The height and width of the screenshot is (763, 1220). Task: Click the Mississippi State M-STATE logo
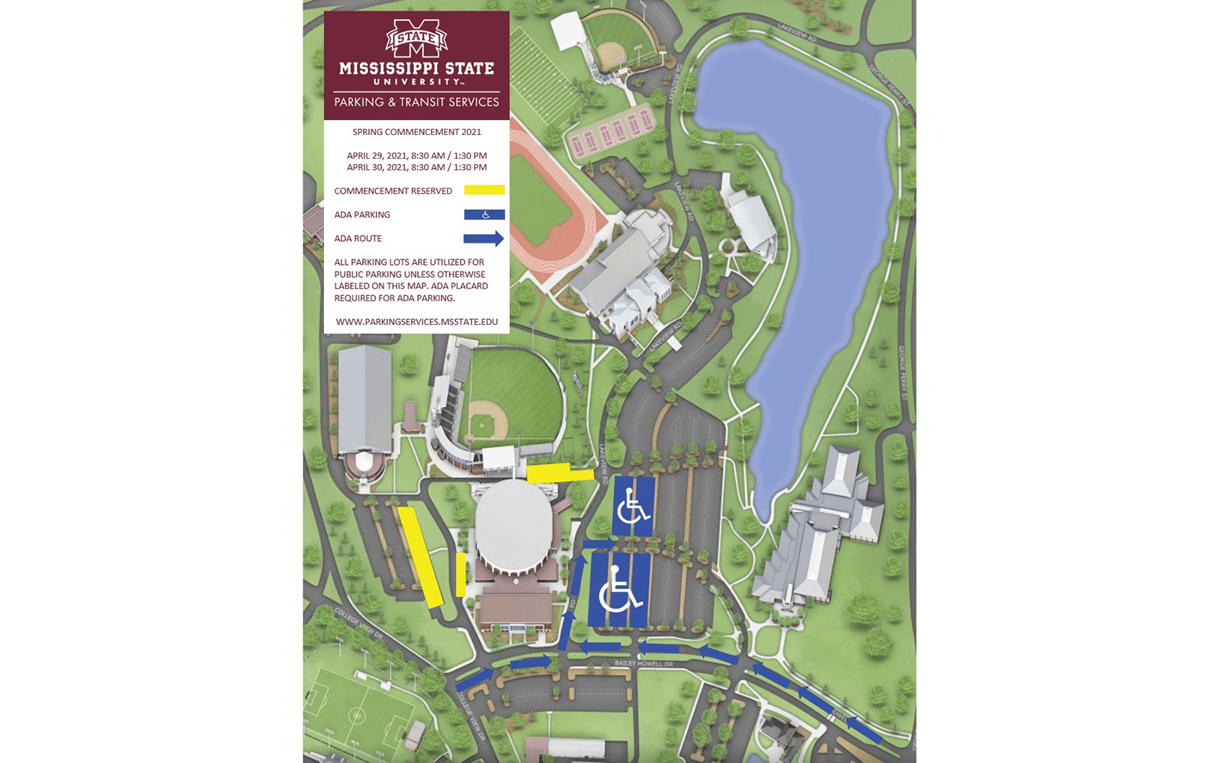(x=416, y=38)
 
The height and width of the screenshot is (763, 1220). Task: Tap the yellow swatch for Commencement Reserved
(x=484, y=190)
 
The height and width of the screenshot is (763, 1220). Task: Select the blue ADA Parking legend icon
(x=484, y=214)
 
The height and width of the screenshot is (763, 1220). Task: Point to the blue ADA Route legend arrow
(x=483, y=239)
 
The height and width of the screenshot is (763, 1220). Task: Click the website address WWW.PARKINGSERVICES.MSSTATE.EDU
(x=416, y=322)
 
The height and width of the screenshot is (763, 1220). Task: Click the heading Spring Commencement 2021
(x=416, y=132)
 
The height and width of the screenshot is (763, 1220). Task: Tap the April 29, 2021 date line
(x=416, y=156)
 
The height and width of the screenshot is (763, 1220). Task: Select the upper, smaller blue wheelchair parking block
(x=633, y=506)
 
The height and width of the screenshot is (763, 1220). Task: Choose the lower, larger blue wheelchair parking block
(x=618, y=590)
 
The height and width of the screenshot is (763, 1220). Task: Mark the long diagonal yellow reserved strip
(x=419, y=557)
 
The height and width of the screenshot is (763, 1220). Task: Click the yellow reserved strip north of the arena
(x=559, y=473)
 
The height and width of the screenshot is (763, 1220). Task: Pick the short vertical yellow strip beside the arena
(x=461, y=575)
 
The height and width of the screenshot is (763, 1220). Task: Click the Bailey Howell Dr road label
(x=644, y=664)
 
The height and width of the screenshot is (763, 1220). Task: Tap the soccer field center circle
(x=356, y=715)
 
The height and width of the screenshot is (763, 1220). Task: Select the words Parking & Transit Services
(x=416, y=102)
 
